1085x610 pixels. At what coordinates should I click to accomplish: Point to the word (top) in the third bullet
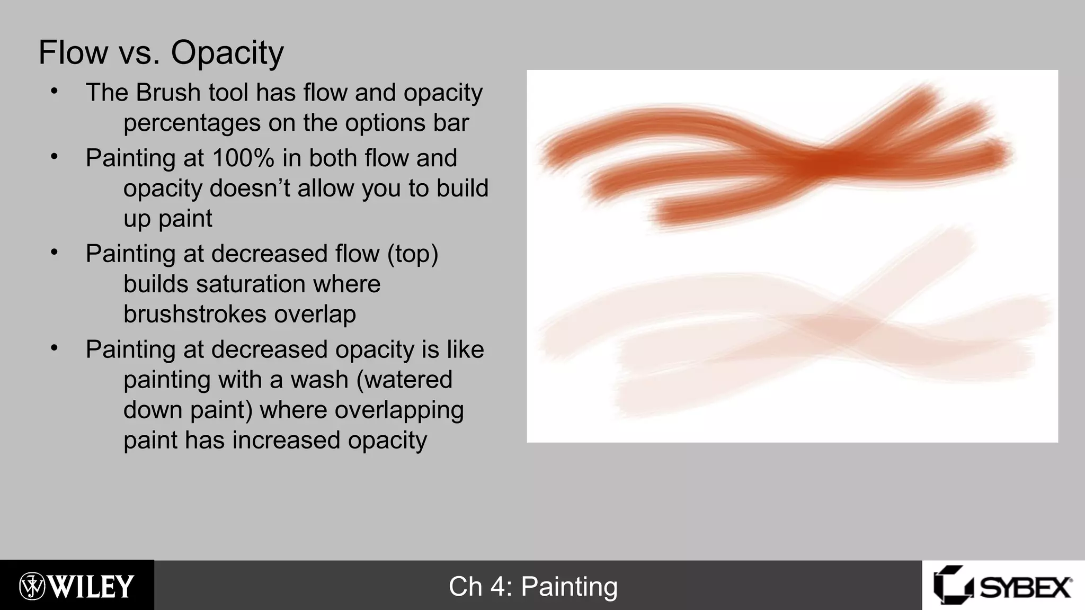413,254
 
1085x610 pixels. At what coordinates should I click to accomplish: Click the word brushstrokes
194,314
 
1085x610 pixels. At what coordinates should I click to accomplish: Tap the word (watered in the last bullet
404,380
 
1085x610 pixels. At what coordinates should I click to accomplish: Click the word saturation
252,284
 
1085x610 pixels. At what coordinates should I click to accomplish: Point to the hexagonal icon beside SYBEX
952,585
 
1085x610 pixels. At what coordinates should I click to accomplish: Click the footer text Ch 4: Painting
533,587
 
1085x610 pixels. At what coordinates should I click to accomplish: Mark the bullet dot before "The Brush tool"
54,92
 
